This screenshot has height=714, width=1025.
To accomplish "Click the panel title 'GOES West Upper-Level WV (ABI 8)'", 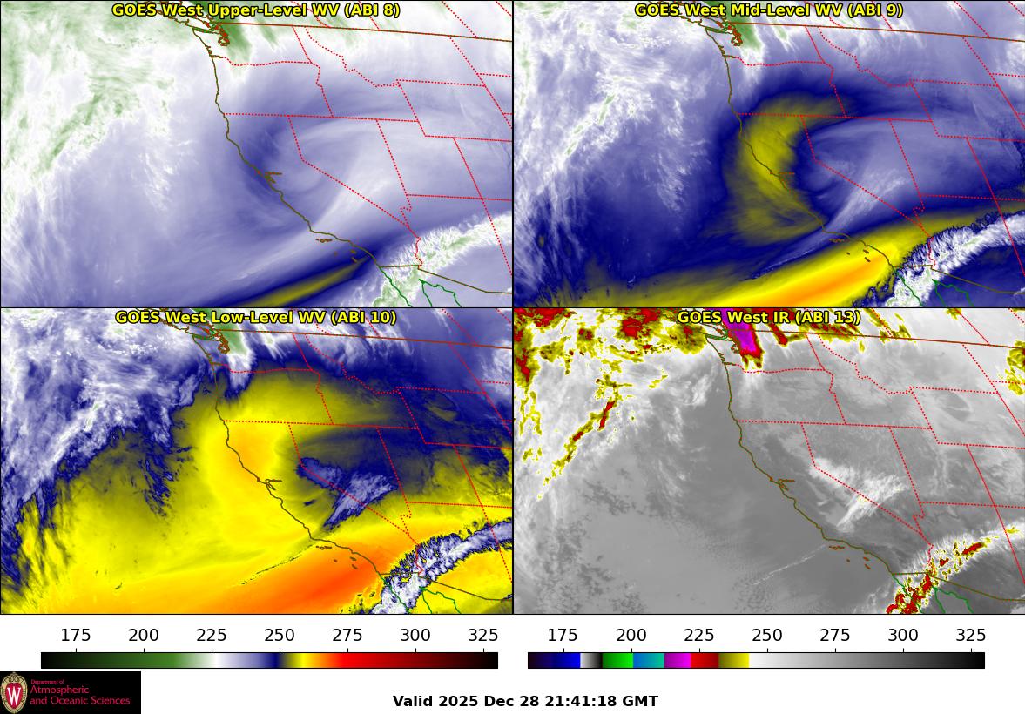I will tap(256, 10).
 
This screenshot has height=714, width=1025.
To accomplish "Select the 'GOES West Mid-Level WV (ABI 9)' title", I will tap(768, 10).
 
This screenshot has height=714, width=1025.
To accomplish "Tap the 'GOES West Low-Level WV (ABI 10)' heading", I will tap(256, 318).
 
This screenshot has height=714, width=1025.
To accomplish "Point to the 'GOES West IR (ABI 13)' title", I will tap(768, 318).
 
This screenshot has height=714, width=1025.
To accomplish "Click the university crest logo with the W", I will tap(14, 693).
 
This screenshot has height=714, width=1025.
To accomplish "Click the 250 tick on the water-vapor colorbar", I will tap(280, 635).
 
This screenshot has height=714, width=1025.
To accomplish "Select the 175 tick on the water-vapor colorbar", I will tap(76, 635).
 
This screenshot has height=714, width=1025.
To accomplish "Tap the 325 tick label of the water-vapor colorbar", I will tap(483, 635).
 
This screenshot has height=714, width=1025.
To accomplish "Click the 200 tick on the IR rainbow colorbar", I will tap(631, 635).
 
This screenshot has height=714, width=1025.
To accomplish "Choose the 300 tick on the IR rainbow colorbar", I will tap(903, 635).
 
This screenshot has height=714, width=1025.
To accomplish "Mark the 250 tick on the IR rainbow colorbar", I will tap(767, 635).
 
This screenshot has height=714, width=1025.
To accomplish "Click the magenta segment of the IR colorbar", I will tap(678, 660).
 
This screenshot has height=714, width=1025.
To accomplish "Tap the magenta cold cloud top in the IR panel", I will tap(742, 338).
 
